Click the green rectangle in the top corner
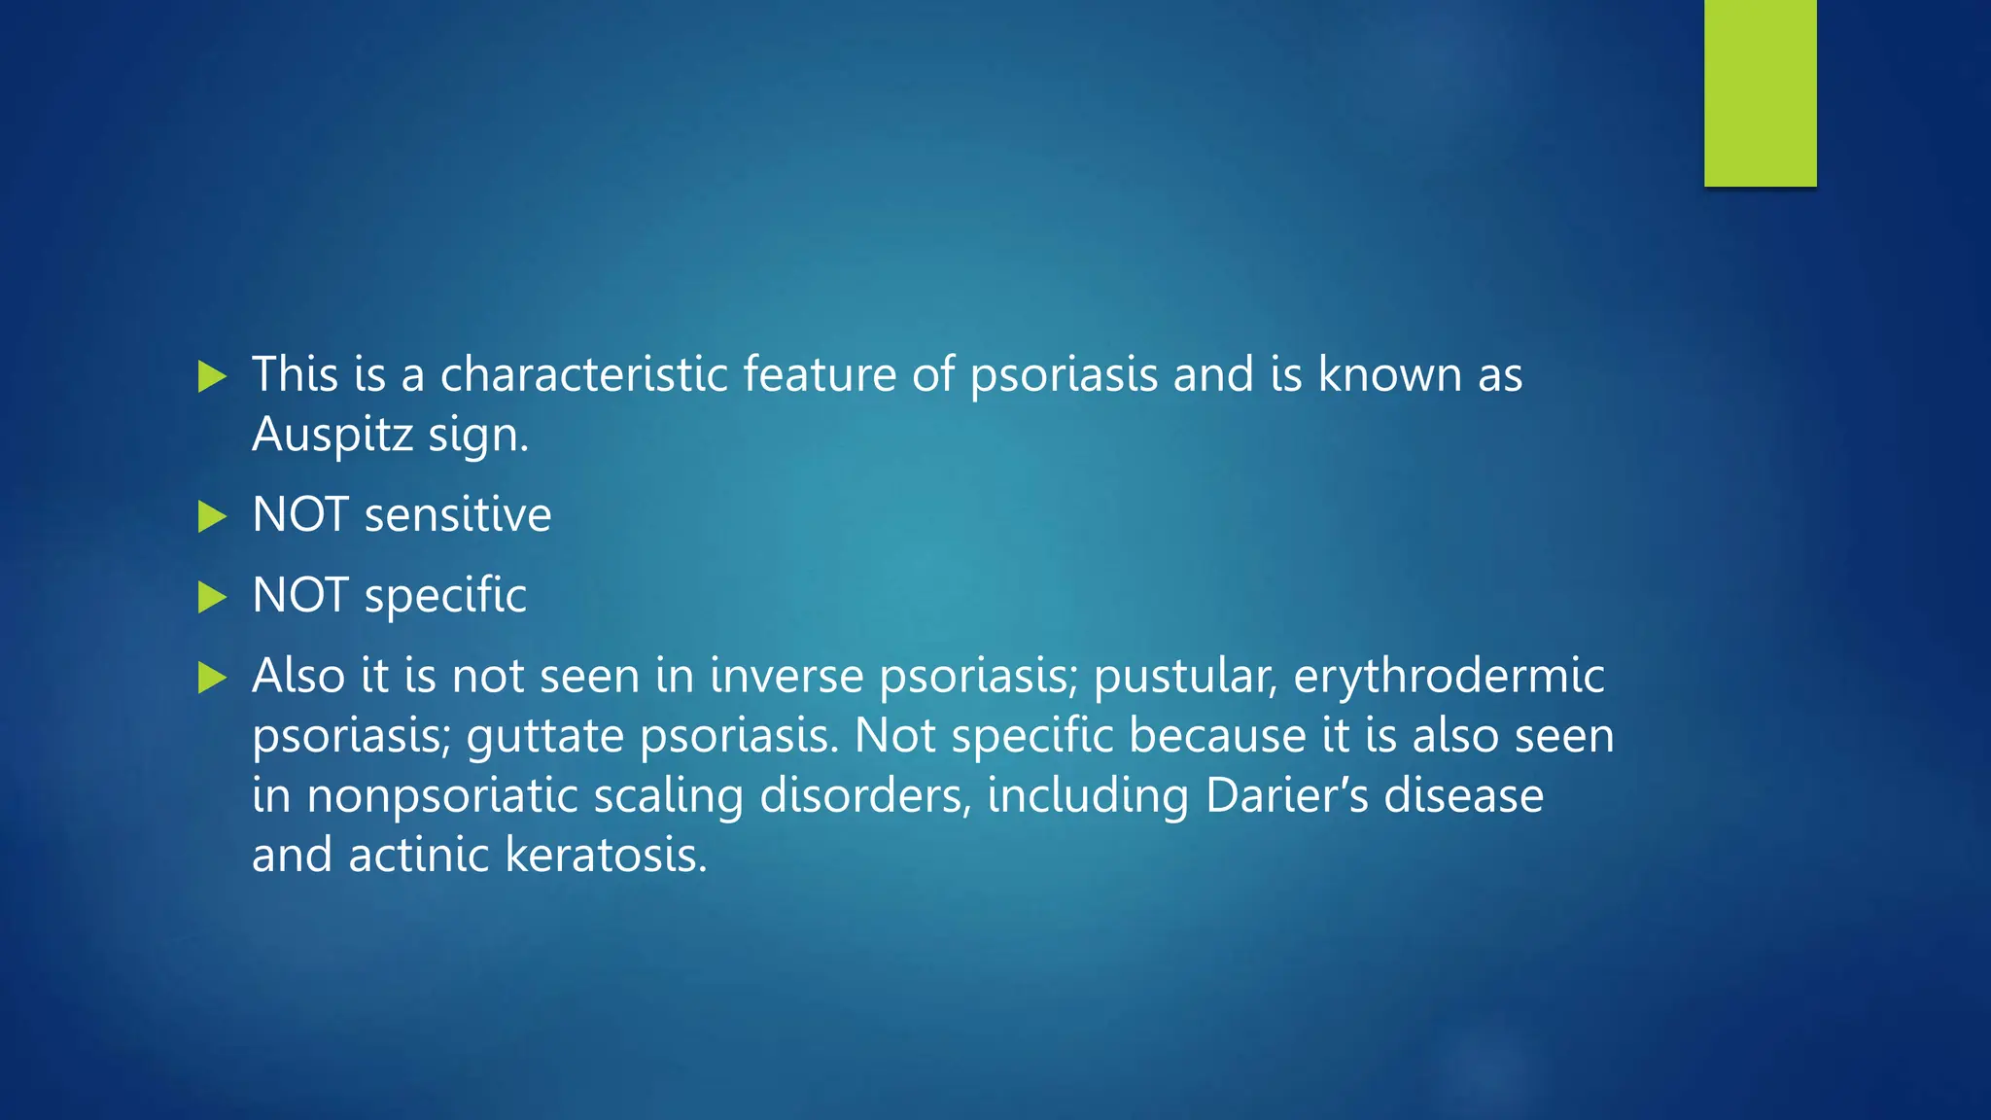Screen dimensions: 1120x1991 1760,92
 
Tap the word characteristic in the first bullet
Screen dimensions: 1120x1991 583,374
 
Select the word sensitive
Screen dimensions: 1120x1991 457,514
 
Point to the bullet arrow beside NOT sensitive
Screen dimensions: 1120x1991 211,516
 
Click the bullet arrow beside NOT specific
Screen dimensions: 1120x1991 211,597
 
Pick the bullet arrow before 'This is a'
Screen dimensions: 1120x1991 211,376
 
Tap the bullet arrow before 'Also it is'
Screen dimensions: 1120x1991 211,678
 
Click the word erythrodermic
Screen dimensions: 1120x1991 1449,676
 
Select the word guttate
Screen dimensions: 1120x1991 544,736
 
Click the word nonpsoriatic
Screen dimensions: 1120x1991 442,795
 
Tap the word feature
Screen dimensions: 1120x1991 820,374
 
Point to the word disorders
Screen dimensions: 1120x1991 865,795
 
